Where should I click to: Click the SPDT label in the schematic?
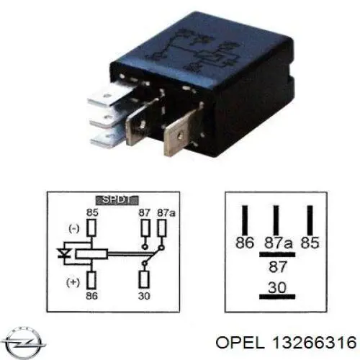(117, 200)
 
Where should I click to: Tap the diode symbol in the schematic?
(64, 253)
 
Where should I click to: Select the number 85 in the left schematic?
(92, 212)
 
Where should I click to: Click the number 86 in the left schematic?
(92, 296)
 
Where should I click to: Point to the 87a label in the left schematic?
(166, 212)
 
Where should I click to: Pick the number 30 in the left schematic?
(144, 296)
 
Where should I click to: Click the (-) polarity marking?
(74, 229)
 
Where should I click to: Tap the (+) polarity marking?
(73, 282)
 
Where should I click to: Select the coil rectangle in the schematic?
(91, 254)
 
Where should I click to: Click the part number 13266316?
(314, 342)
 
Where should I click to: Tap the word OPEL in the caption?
(240, 342)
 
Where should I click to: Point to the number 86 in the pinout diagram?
(245, 243)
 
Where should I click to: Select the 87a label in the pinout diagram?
(279, 243)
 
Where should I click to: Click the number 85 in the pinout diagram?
(310, 243)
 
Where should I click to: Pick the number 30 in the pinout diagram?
(277, 287)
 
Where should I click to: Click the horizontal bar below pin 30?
(277, 297)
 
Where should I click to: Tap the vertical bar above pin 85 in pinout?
(310, 220)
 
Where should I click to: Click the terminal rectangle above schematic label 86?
(91, 280)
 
